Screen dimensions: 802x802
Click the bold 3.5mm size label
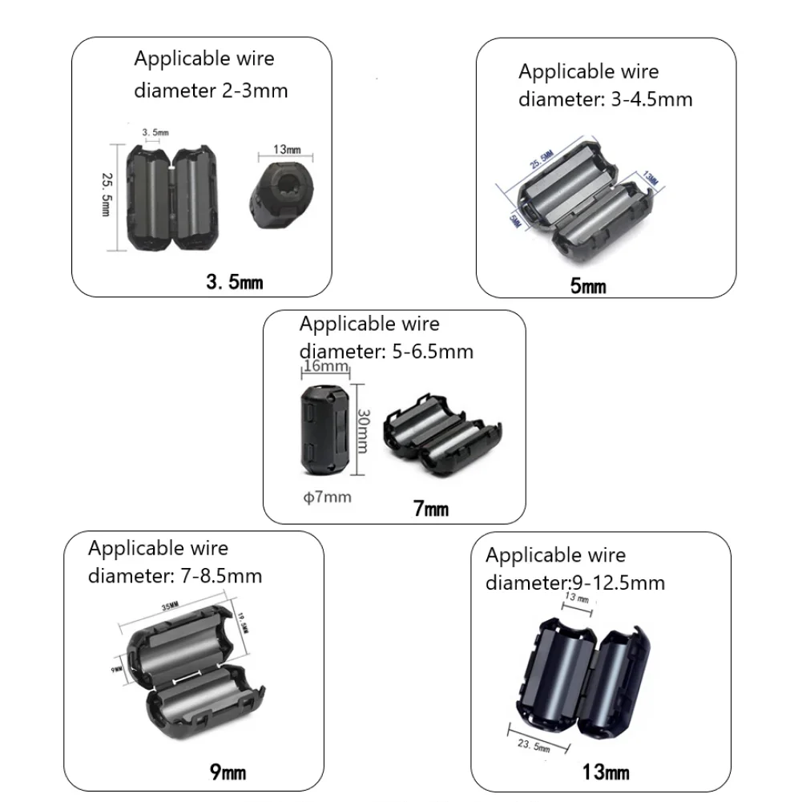pyautogui.click(x=234, y=282)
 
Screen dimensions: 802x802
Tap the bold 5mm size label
pyautogui.click(x=588, y=285)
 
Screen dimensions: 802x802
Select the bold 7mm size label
pyautogui.click(x=431, y=508)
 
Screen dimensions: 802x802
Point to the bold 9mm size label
pyautogui.click(x=228, y=772)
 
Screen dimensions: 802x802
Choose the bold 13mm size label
pyautogui.click(x=605, y=772)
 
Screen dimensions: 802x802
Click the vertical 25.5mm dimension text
pyautogui.click(x=105, y=191)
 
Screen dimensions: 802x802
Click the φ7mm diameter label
pyautogui.click(x=328, y=497)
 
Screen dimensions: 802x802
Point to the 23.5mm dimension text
pyautogui.click(x=533, y=744)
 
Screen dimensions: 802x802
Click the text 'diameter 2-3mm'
pyautogui.click(x=211, y=90)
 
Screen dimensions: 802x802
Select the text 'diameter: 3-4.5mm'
pyautogui.click(x=605, y=99)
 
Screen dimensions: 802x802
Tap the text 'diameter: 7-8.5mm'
pyautogui.click(x=175, y=575)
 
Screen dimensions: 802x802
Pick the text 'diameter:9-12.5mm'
pyautogui.click(x=574, y=582)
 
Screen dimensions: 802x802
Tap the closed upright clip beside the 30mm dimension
pyautogui.click(x=326, y=425)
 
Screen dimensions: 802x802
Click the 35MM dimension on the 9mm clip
pyautogui.click(x=169, y=607)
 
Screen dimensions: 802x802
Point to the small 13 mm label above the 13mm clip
pyautogui.click(x=576, y=598)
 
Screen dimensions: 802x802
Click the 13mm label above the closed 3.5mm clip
pyautogui.click(x=287, y=150)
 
